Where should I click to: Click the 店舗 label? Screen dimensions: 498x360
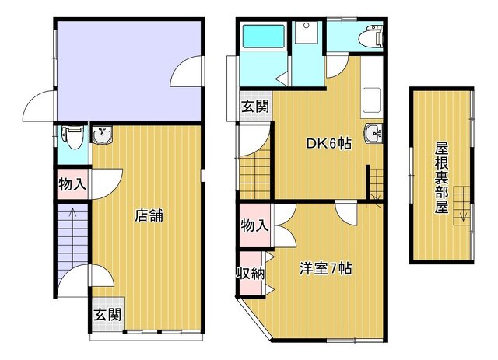tap(149, 215)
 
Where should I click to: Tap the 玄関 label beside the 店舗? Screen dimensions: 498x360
tap(107, 315)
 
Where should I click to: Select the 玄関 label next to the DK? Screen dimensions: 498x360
tap(254, 106)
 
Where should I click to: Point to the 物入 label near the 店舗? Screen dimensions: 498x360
tap(72, 184)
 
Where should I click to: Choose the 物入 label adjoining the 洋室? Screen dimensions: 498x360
tap(254, 225)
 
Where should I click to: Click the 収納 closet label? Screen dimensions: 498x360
tap(251, 273)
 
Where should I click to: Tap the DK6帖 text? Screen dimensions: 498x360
tap(329, 144)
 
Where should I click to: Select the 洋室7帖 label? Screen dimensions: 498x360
tap(326, 269)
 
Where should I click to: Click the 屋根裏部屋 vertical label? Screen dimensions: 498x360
tap(441, 178)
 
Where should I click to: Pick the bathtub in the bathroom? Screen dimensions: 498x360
tap(263, 37)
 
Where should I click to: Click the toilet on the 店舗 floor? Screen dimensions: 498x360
tap(72, 137)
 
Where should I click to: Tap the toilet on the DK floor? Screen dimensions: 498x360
tap(370, 37)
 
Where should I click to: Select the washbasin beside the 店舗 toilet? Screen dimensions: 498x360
tap(102, 135)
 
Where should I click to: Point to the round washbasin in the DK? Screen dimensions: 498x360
tap(373, 133)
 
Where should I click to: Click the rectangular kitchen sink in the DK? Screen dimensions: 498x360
tap(372, 100)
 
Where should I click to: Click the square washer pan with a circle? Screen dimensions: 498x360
tap(307, 33)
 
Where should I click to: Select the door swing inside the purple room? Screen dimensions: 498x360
tap(186, 71)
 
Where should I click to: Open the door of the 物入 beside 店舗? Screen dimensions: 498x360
tap(107, 184)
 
